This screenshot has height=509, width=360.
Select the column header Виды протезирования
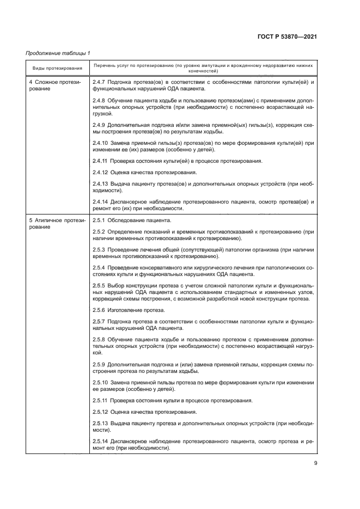[57, 68]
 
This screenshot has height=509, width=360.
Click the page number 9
[315, 463]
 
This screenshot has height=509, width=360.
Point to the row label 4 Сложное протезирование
[54, 85]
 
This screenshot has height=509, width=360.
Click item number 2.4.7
[99, 82]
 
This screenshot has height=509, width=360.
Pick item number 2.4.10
[101, 143]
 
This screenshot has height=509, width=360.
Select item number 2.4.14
[101, 202]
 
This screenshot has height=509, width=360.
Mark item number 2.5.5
[99, 285]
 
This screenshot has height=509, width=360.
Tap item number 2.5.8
[99, 339]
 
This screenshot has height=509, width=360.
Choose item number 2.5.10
[101, 383]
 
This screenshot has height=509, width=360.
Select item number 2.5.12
[101, 412]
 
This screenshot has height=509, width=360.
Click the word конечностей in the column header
[204, 71]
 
